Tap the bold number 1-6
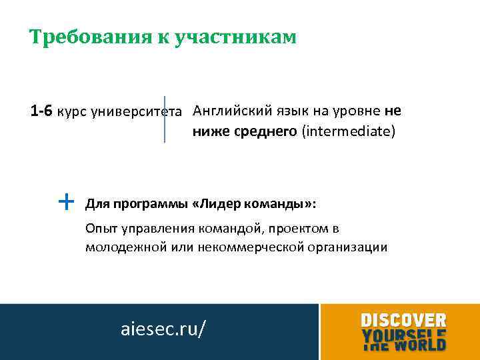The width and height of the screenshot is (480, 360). [x=42, y=111]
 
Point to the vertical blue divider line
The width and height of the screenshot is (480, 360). [x=165, y=119]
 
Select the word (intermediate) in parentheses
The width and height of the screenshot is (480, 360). [x=349, y=131]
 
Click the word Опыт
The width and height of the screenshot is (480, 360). [x=99, y=229]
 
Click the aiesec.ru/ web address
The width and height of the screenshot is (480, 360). [x=163, y=329]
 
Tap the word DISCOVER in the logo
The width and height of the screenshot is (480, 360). [x=403, y=320]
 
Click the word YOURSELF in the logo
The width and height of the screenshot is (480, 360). [x=404, y=333]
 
